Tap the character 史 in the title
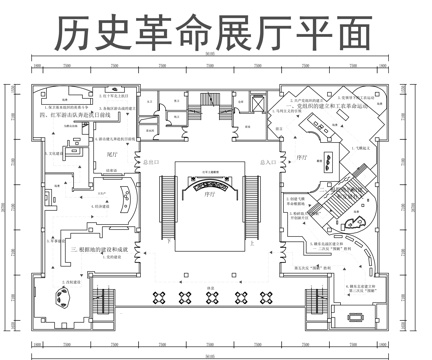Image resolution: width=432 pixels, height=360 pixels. [x=115, y=34]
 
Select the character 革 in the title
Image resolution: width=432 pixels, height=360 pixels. [x=158, y=34]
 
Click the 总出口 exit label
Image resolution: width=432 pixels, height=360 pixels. [x=153, y=161]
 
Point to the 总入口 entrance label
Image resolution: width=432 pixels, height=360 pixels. [x=267, y=161]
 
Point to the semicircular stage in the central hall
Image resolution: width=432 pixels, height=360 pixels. [x=210, y=190]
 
